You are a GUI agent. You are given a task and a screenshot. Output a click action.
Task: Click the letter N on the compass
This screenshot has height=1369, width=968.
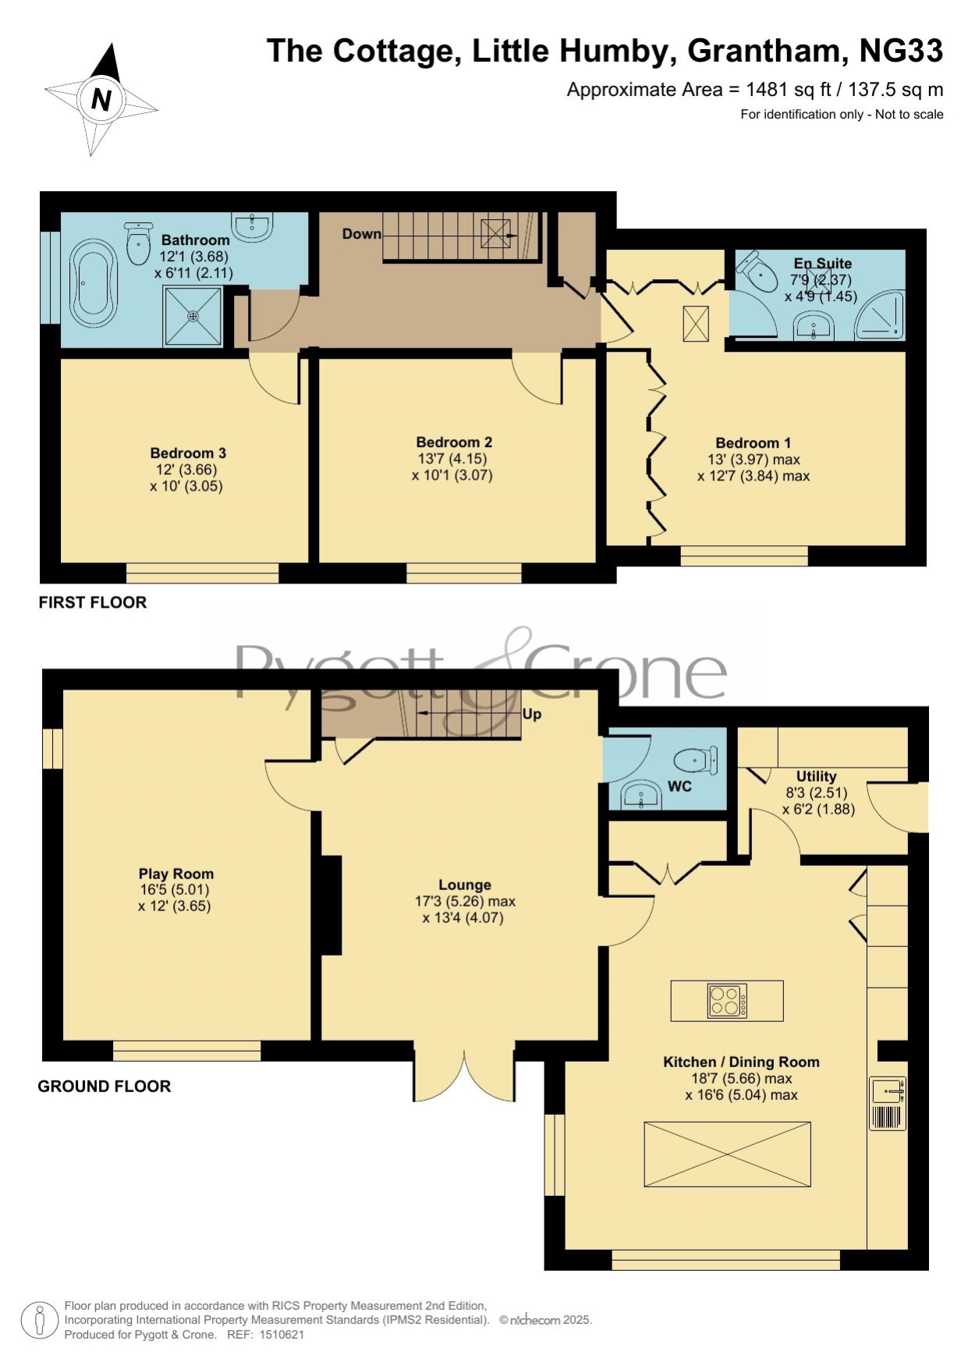(x=101, y=99)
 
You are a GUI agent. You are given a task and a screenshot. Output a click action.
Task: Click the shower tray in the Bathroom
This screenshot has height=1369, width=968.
(x=193, y=316)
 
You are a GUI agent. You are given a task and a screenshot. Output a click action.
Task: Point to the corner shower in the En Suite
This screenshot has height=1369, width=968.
(x=881, y=315)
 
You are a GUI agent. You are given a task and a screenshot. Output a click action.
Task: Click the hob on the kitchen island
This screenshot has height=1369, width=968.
(x=727, y=1001)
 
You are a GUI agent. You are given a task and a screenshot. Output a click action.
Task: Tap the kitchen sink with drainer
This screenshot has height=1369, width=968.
(x=888, y=1103)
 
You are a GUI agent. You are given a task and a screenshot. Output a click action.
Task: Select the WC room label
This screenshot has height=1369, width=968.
(x=679, y=786)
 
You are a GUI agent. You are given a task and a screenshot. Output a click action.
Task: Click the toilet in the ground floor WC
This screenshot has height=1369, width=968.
(x=696, y=760)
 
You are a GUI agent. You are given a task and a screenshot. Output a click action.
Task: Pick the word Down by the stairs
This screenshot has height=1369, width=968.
(x=362, y=233)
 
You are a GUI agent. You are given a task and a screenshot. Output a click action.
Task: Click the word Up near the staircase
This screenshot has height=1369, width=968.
(x=532, y=714)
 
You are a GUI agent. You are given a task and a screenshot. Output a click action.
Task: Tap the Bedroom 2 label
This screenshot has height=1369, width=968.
(x=454, y=442)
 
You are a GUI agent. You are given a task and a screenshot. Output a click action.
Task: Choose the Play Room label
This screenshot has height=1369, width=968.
(x=176, y=874)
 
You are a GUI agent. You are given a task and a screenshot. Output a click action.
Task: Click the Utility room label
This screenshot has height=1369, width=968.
(x=816, y=776)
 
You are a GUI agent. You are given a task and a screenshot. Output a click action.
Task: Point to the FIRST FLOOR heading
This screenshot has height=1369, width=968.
(x=93, y=602)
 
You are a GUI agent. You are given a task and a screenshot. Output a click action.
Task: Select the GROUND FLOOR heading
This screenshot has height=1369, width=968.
(x=105, y=1086)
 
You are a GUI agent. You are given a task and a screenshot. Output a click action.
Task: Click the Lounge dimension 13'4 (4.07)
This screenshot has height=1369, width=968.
(x=463, y=918)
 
